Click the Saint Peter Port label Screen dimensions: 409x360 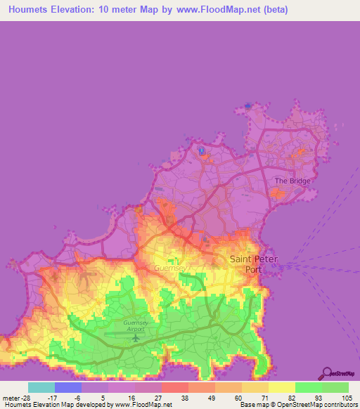point(253,264)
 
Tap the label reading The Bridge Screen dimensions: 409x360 point(291,181)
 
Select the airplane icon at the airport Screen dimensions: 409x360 point(136,338)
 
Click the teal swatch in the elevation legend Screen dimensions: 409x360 point(41,387)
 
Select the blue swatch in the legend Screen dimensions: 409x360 point(68,387)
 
